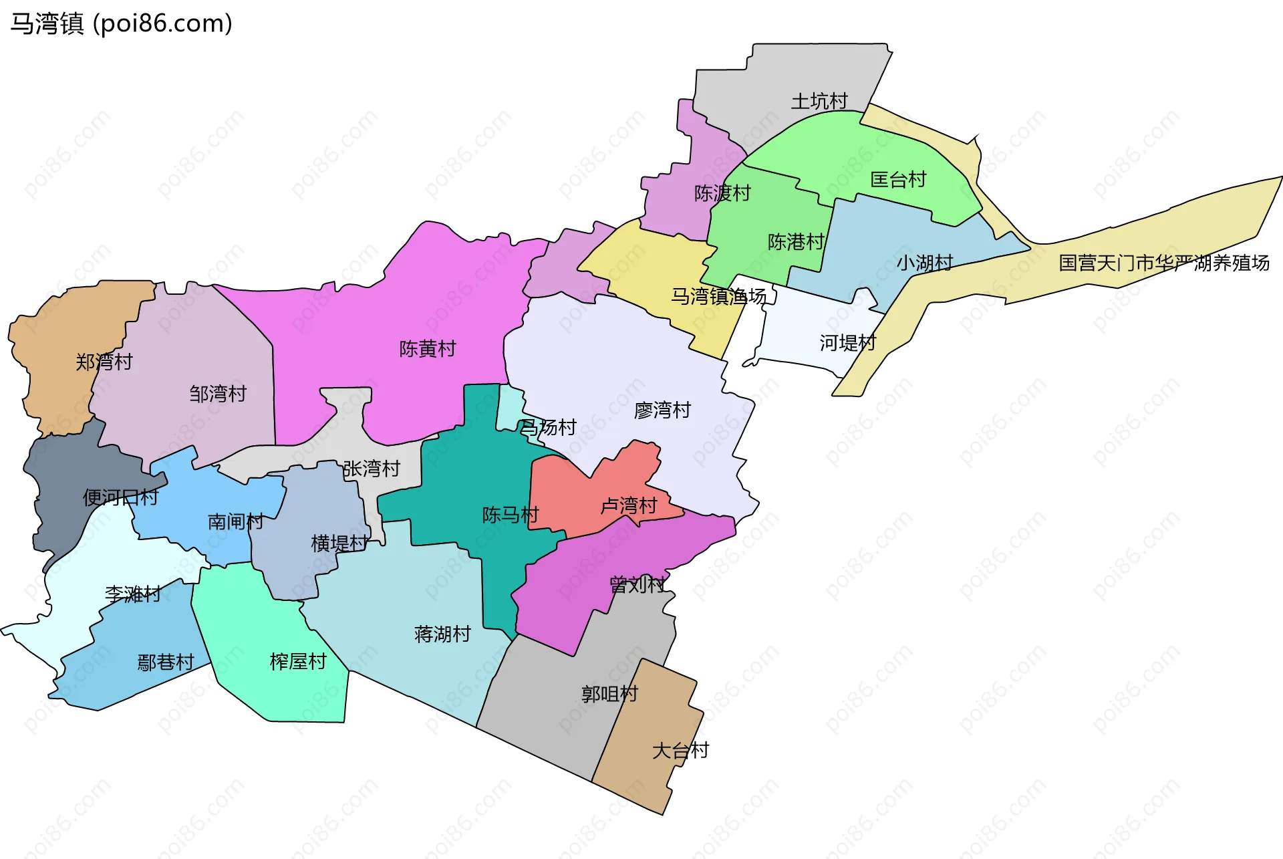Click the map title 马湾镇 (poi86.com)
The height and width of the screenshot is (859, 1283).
click(121, 23)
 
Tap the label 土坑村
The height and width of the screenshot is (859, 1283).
click(819, 102)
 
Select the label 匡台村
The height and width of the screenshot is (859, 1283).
click(898, 180)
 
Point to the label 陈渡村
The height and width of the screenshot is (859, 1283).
click(722, 193)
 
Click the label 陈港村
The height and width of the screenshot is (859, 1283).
click(796, 242)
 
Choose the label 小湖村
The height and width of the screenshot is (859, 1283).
click(925, 263)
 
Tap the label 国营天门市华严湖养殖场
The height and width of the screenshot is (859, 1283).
click(1163, 263)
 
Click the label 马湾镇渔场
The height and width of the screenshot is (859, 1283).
click(718, 296)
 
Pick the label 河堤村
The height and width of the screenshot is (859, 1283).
click(847, 343)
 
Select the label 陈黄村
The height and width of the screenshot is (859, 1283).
click(428, 349)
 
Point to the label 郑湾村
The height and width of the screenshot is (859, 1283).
click(104, 362)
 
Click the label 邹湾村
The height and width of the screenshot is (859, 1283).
click(218, 394)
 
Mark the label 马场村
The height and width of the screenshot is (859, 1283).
click(548, 427)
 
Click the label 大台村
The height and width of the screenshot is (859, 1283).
click(680, 751)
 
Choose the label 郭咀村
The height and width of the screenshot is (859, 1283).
click(609, 695)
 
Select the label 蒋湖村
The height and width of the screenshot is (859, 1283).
click(442, 634)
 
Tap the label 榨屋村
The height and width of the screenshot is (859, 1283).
click(298, 662)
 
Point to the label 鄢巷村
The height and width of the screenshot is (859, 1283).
click(166, 662)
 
